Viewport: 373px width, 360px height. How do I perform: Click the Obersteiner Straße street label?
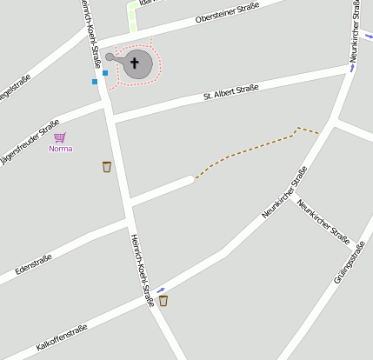click(x=229, y=13)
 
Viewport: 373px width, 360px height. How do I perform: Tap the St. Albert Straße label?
click(x=230, y=90)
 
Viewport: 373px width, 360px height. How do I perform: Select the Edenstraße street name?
click(x=34, y=264)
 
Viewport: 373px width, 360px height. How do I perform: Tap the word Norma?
click(x=61, y=149)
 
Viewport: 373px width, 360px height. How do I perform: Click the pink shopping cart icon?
click(x=59, y=137)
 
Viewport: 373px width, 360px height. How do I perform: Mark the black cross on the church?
click(x=135, y=63)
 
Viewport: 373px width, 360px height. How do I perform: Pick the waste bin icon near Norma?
click(x=107, y=166)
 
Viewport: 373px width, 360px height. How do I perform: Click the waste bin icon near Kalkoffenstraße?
click(x=163, y=301)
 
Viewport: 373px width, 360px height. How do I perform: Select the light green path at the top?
click(x=133, y=18)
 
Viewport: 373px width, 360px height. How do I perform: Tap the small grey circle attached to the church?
click(x=110, y=57)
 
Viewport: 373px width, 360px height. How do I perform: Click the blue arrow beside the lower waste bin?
click(x=161, y=290)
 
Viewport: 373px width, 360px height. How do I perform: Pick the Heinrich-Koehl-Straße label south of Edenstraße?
click(x=142, y=270)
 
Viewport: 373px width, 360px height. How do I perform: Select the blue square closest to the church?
click(x=105, y=73)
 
